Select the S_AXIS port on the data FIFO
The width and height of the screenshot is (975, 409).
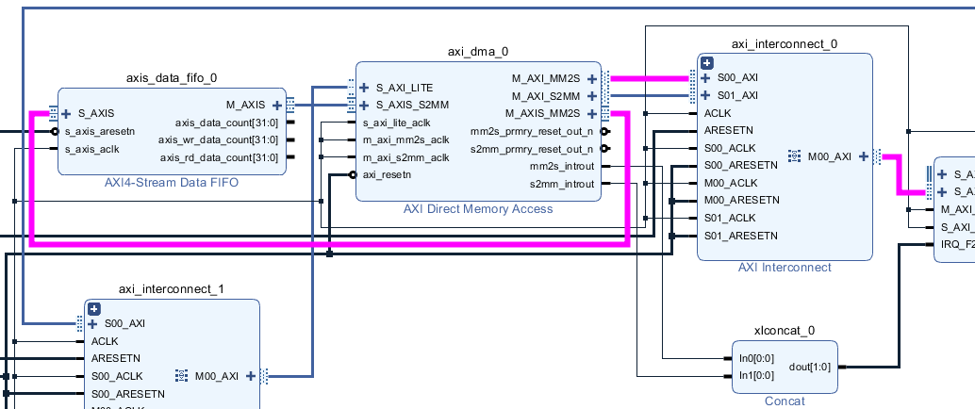[95, 113]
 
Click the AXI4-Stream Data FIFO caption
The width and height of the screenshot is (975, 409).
[172, 183]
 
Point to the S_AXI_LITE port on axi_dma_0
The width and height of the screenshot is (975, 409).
[404, 88]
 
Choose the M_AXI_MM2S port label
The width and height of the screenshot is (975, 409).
[546, 79]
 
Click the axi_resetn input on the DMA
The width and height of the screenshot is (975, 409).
[387, 175]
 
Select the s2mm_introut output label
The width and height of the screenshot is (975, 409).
[562, 184]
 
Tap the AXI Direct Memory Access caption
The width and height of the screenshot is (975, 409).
[478, 208]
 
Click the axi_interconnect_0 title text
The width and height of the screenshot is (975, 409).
[784, 44]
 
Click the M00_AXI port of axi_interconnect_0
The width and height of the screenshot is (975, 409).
[830, 156]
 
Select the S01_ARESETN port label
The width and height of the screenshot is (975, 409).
[741, 236]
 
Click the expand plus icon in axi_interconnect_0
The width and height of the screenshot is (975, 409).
[706, 62]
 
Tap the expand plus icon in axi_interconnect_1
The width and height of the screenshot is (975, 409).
[94, 307]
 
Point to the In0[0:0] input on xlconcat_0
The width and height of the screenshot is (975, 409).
[756, 358]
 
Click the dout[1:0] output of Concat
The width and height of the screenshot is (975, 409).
[810, 367]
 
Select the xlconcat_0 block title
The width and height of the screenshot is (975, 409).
[785, 331]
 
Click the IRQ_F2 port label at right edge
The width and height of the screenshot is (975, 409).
[956, 244]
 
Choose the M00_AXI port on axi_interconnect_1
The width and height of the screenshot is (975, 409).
[218, 376]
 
